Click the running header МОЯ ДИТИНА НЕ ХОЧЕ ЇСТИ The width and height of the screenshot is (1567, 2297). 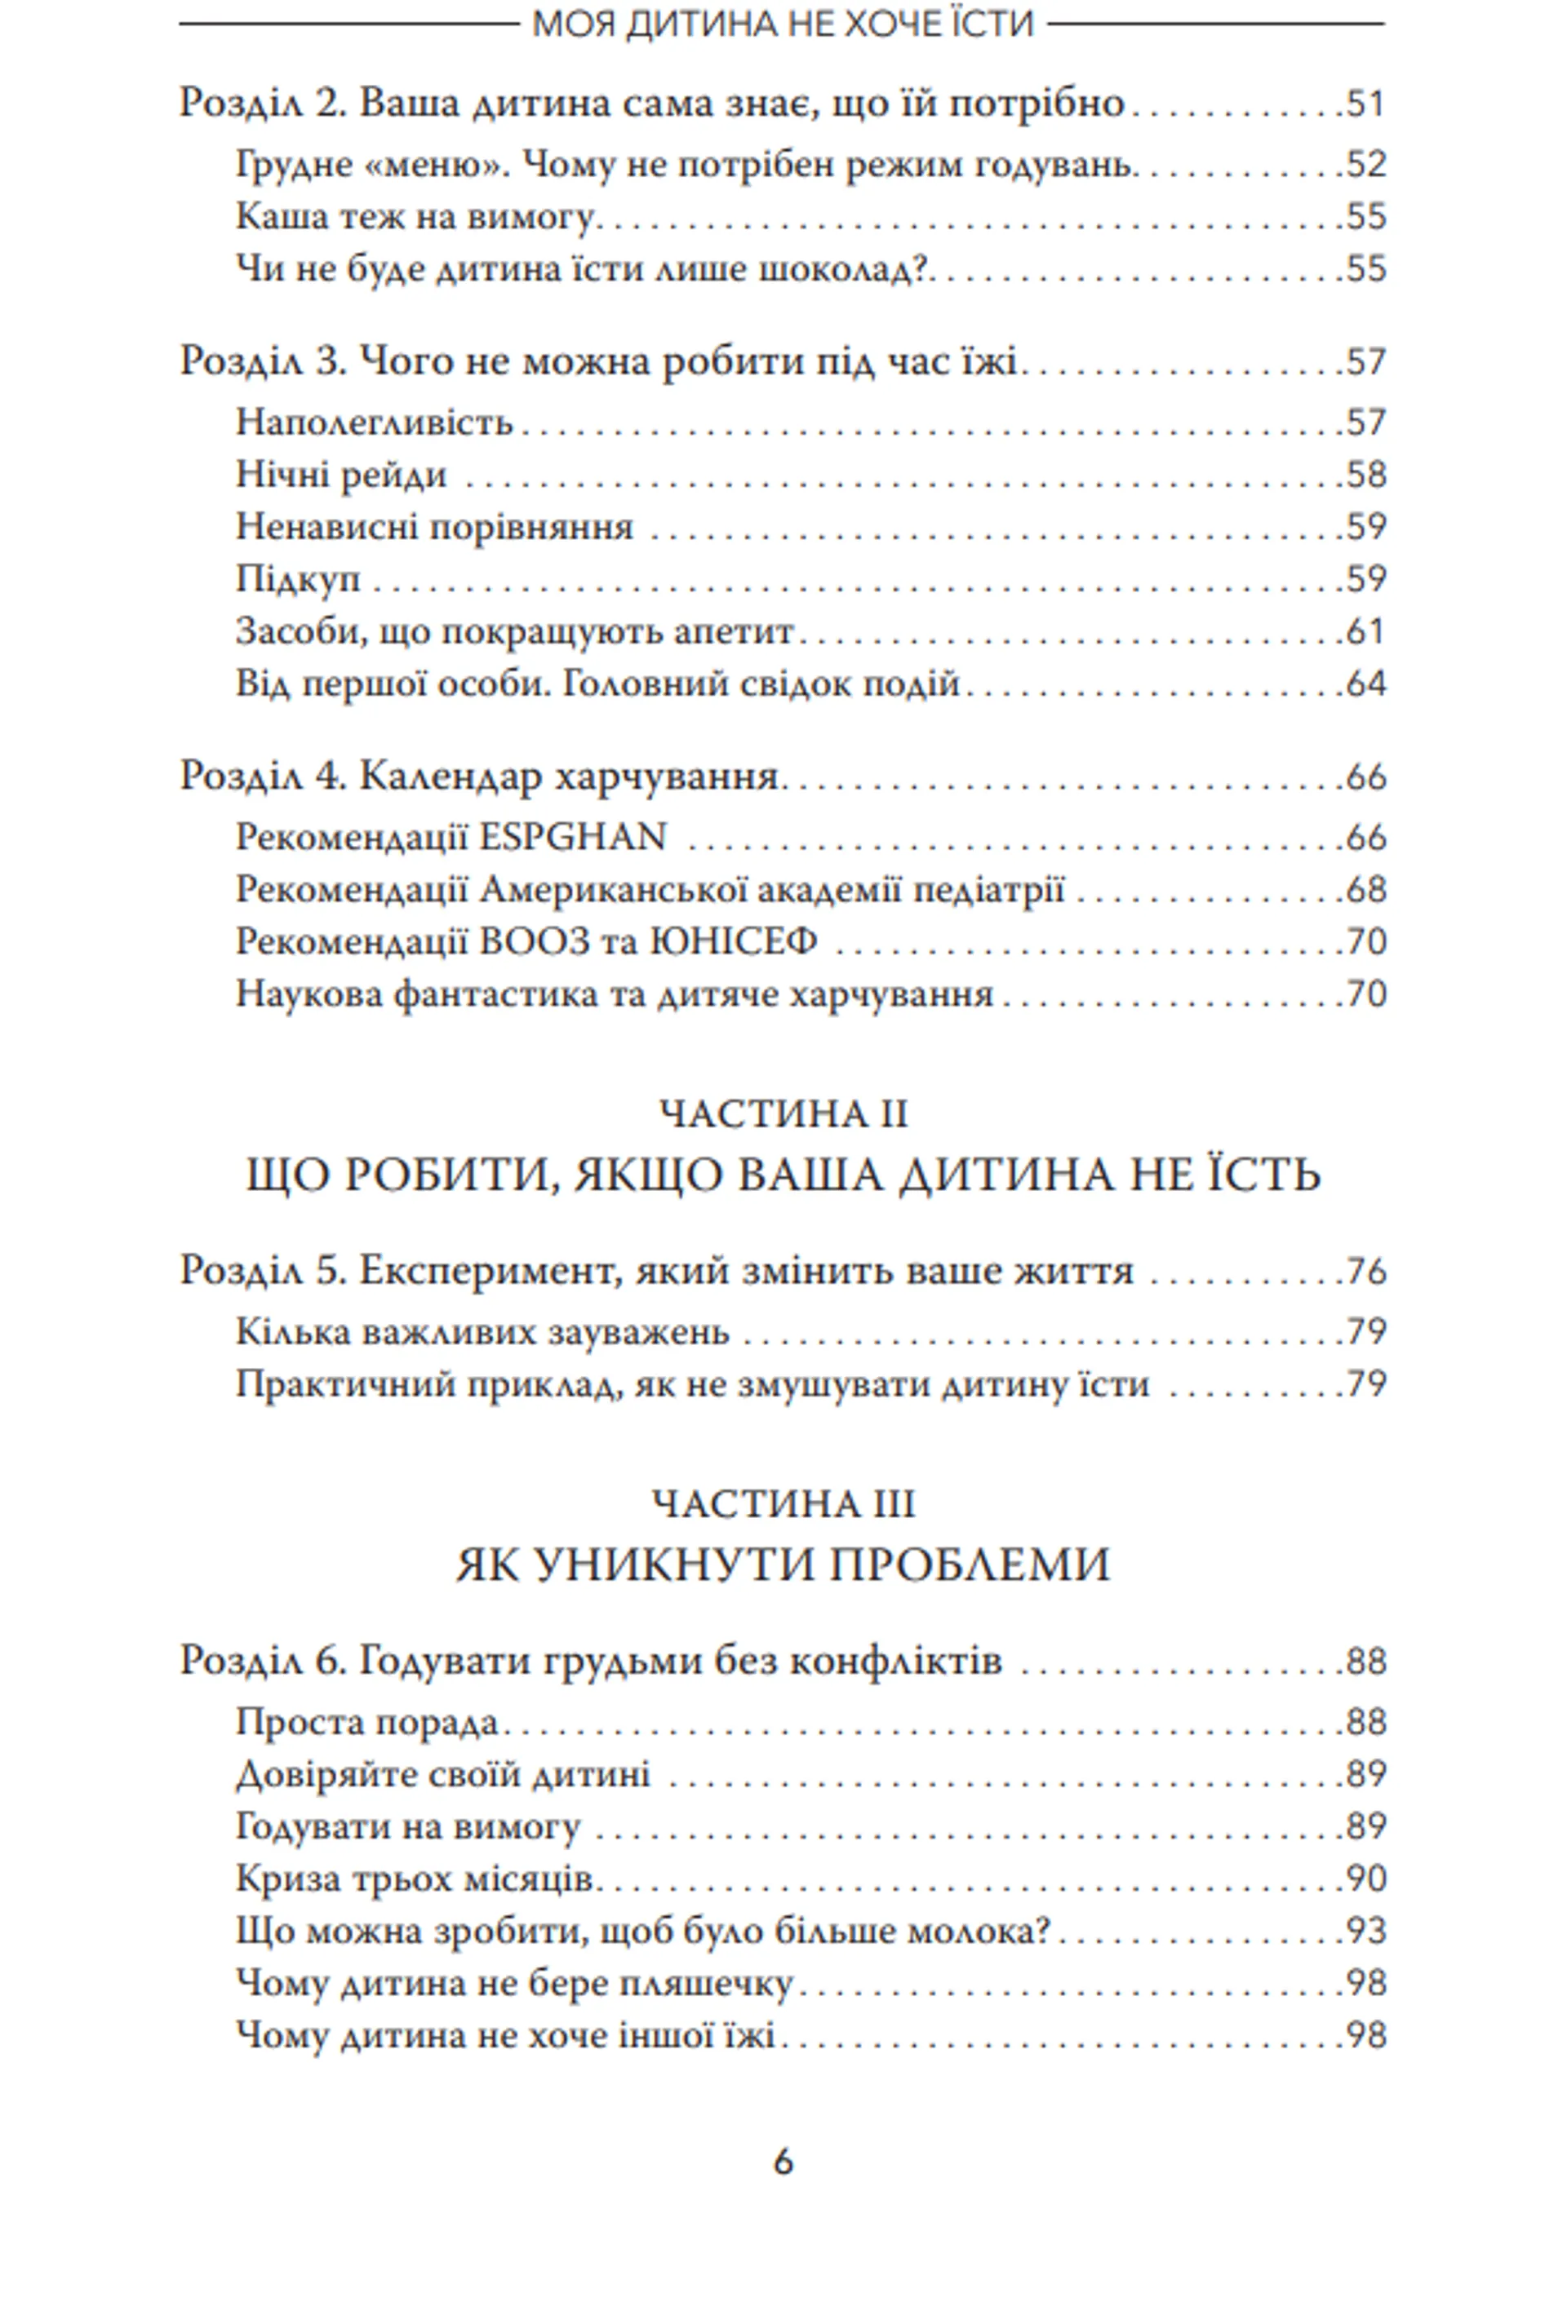point(782,24)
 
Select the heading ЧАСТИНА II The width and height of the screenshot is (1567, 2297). point(782,1114)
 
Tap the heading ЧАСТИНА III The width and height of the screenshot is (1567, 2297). point(782,1504)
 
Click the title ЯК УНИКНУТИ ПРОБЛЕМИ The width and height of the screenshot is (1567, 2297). point(782,1565)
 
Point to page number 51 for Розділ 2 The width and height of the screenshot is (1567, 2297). point(1365,104)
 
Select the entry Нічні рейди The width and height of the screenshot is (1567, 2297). point(341,476)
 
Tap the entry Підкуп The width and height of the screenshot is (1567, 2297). point(298,579)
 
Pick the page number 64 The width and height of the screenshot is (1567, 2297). point(1365,684)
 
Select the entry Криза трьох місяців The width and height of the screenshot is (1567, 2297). point(415,1879)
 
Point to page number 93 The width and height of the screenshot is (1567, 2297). point(1365,1932)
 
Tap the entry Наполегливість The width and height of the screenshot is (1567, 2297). point(374,423)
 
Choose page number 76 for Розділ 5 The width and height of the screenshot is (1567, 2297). point(1365,1271)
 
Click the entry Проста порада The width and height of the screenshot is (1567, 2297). point(366,1723)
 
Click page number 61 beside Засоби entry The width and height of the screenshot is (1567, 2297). point(1365,631)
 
